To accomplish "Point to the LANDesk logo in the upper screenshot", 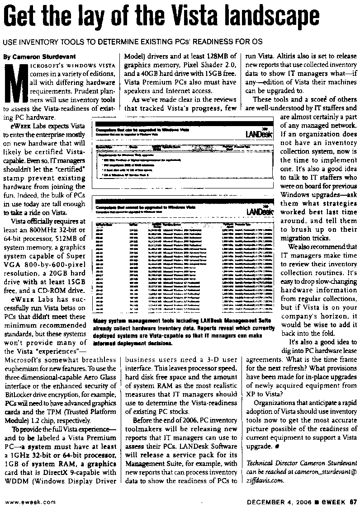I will (259, 134).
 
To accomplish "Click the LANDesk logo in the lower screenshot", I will (260, 211).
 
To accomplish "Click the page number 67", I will (353, 501).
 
